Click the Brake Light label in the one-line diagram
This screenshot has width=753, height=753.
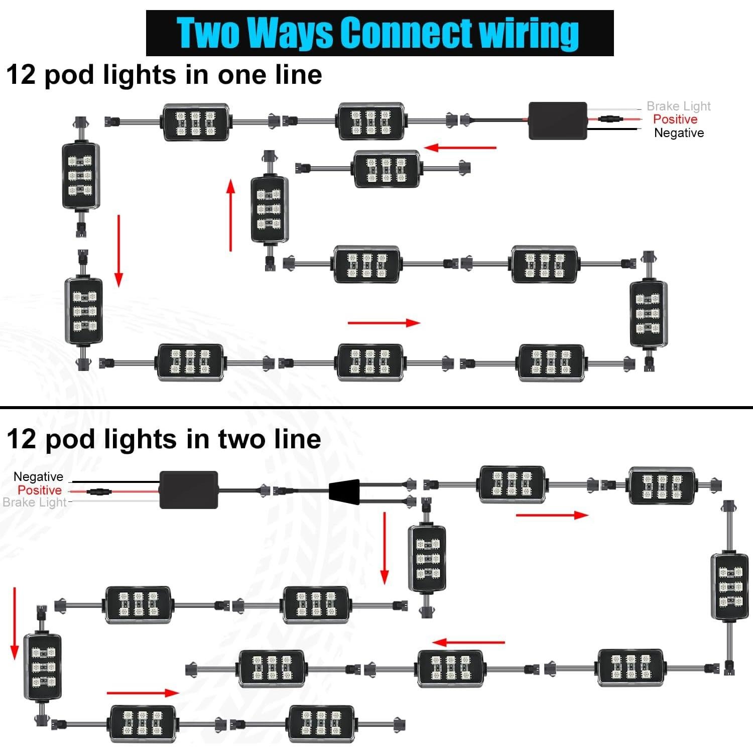(678, 106)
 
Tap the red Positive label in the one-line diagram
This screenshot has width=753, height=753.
(675, 119)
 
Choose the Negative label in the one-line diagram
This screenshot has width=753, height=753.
(679, 133)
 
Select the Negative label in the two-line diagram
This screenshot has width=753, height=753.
(38, 477)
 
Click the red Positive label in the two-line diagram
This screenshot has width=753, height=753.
(40, 490)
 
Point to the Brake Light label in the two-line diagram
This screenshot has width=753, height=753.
(35, 503)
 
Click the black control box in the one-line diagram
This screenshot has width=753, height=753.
(558, 121)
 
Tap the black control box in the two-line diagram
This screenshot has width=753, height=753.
(189, 490)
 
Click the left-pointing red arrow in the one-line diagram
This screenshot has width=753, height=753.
(460, 148)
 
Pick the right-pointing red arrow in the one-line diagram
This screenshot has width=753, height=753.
(384, 323)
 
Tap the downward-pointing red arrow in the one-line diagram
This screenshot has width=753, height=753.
(119, 251)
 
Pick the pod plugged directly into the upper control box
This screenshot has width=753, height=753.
(371, 121)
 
